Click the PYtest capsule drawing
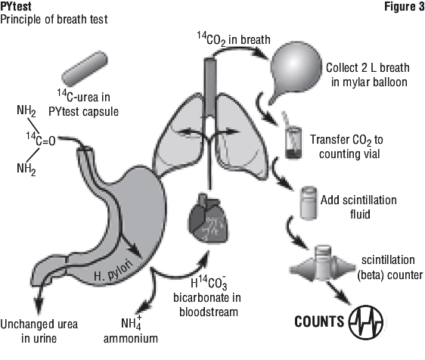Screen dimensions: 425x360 pyautogui.click(x=85, y=69)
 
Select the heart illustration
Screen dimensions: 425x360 pyautogui.click(x=208, y=219)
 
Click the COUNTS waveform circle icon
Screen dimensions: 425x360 pyautogui.click(x=366, y=322)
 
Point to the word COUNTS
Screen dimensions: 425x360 pyautogui.click(x=319, y=322)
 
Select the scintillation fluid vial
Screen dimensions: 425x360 pyautogui.click(x=309, y=202)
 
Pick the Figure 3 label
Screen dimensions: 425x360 pyautogui.click(x=404, y=7)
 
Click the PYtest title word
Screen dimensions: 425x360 pyautogui.click(x=16, y=7)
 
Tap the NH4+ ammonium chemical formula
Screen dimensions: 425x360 pyautogui.click(x=131, y=323)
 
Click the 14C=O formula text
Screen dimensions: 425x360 pyautogui.click(x=41, y=139)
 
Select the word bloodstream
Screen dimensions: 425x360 pyautogui.click(x=209, y=312)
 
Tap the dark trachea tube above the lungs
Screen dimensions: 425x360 pyautogui.click(x=210, y=87)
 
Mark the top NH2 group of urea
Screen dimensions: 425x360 pyautogui.click(x=26, y=110)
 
